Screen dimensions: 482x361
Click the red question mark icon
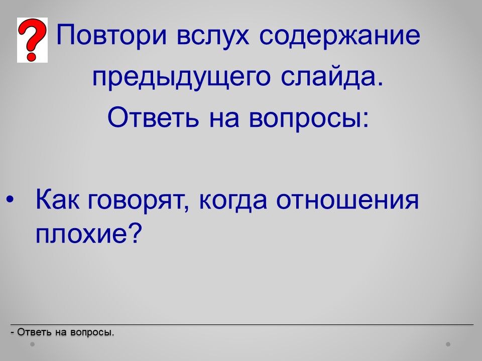[32, 40]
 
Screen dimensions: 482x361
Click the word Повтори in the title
[112, 35]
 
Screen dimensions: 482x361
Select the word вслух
[213, 35]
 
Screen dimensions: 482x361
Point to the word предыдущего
[181, 76]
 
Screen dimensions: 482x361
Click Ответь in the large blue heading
[153, 118]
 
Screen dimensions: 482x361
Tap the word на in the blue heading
[224, 120]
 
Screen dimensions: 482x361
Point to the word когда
[232, 202]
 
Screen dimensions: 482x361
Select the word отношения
[347, 200]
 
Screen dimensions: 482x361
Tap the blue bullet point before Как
[10, 200]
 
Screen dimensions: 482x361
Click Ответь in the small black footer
[34, 332]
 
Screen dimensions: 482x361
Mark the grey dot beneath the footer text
[32, 344]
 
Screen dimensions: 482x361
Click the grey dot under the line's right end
[448, 344]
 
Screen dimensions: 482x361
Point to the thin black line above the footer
[242, 324]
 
